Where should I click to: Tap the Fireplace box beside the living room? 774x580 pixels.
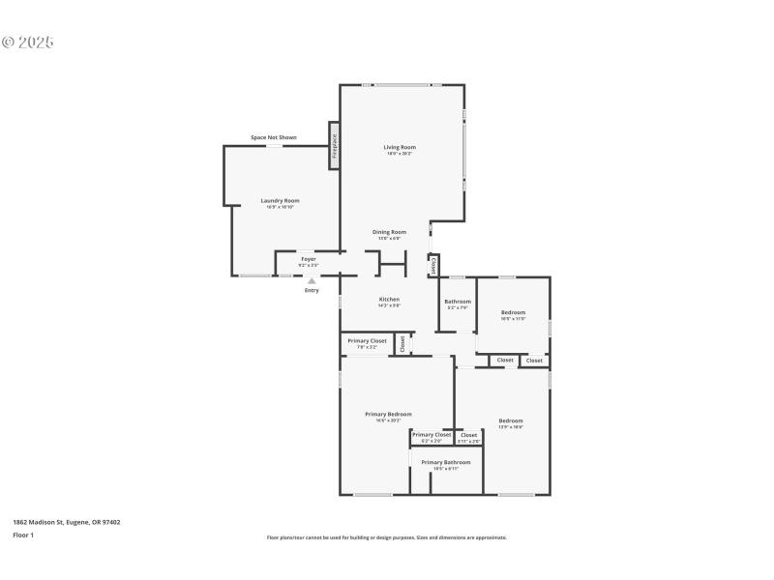coord(335,146)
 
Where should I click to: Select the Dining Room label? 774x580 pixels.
coord(390,232)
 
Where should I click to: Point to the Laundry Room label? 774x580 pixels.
coord(280,200)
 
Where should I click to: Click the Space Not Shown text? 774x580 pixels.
coord(274,137)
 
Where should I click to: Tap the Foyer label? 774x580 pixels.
coord(308,259)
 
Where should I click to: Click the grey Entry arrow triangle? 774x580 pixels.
coord(312,281)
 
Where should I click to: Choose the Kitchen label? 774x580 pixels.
coord(389,299)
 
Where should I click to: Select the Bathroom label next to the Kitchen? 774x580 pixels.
coord(458,302)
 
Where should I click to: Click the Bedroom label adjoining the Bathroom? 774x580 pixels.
coord(513,312)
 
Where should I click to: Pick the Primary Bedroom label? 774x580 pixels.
coord(388,414)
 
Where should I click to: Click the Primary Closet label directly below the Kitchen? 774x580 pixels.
coord(368,340)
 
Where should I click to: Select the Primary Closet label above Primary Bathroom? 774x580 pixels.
coord(432,435)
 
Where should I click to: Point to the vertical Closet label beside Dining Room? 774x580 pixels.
coord(434,264)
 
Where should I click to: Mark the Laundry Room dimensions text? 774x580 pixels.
coord(280,207)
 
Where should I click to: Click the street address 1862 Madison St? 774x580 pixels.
coord(67,522)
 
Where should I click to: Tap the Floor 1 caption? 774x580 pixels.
coord(23,535)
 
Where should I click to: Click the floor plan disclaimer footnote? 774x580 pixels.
coord(386,537)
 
